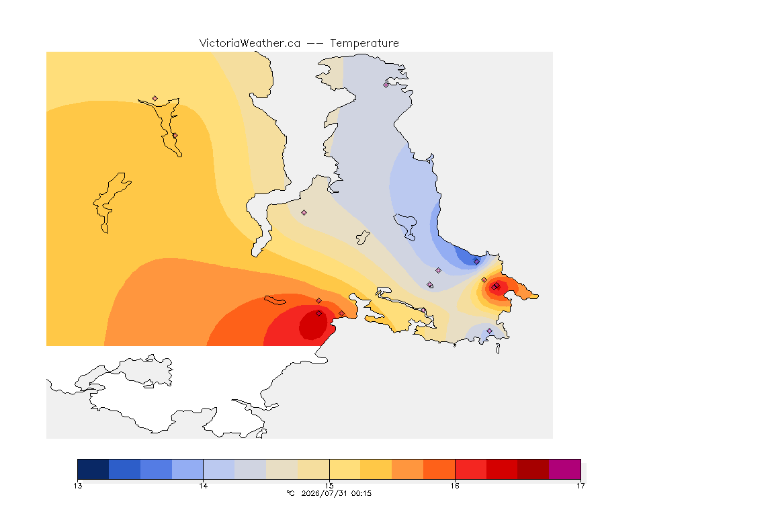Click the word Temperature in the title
point(364,43)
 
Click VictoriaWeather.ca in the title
point(250,43)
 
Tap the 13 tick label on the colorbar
point(77,486)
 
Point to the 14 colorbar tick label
point(204,486)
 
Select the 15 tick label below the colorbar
point(329,486)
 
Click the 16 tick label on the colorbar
point(455,486)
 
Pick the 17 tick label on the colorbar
point(580,486)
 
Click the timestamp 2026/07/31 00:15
point(336,493)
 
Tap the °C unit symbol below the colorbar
point(290,493)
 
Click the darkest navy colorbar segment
point(93,469)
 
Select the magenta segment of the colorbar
point(564,469)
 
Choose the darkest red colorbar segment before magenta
point(533,469)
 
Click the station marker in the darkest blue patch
point(476,262)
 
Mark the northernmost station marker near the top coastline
point(386,85)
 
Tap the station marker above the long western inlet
point(155,99)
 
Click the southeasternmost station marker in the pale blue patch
point(490,331)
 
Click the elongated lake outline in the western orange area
point(112,202)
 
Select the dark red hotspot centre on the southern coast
point(314,325)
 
